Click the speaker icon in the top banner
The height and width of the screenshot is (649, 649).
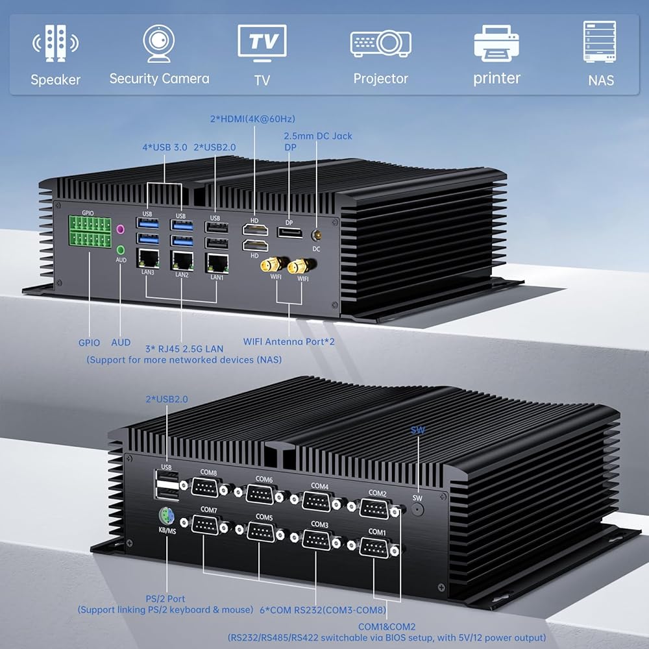pyautogui.click(x=55, y=43)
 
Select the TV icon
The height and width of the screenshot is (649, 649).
pyautogui.click(x=262, y=43)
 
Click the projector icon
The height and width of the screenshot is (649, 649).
pyautogui.click(x=380, y=43)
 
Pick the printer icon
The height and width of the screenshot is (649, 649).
pyautogui.click(x=496, y=43)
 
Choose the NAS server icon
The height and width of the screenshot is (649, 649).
pyautogui.click(x=600, y=42)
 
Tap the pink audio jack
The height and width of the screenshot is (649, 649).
pyautogui.click(x=119, y=229)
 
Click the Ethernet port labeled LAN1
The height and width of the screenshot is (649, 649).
pyautogui.click(x=216, y=262)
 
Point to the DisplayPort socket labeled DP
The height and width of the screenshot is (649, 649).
pyautogui.click(x=289, y=233)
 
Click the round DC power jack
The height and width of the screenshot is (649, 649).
pyautogui.click(x=317, y=236)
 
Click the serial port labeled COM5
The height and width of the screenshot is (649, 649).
pyautogui.click(x=263, y=532)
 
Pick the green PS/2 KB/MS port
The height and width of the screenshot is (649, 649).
pyautogui.click(x=167, y=517)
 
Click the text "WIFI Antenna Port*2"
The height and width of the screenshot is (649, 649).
pyautogui.click(x=289, y=341)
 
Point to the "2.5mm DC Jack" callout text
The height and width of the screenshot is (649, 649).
pyautogui.click(x=317, y=136)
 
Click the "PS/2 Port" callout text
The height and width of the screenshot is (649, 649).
pyautogui.click(x=166, y=598)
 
